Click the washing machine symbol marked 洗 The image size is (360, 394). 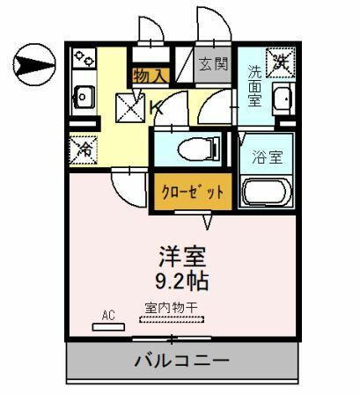tap(281, 62)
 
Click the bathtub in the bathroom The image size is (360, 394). tap(268, 193)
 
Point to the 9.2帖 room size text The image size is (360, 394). tap(182, 282)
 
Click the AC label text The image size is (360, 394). tap(109, 315)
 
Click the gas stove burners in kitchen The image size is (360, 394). tap(84, 61)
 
